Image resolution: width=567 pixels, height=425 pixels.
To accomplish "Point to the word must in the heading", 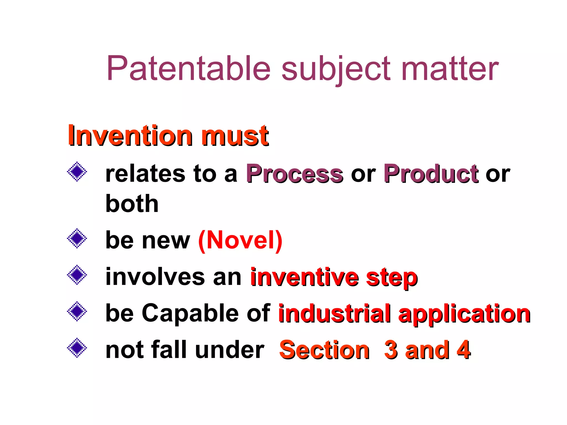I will tap(235, 136).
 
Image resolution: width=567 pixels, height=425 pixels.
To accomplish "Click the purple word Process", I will tap(295, 174).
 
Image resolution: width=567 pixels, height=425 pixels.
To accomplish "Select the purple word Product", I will tap(431, 174).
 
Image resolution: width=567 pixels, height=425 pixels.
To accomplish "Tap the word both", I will tap(132, 204).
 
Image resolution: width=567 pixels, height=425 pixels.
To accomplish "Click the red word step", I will tap(391, 278).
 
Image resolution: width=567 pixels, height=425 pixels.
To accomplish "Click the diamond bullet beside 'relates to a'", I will tap(77, 172).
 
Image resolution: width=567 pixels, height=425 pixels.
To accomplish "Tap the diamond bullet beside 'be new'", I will tap(77, 238).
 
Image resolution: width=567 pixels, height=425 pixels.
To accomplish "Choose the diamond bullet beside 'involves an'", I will tap(77, 275).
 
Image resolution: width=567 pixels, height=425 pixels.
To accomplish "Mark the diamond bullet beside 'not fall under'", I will tap(77, 348).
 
